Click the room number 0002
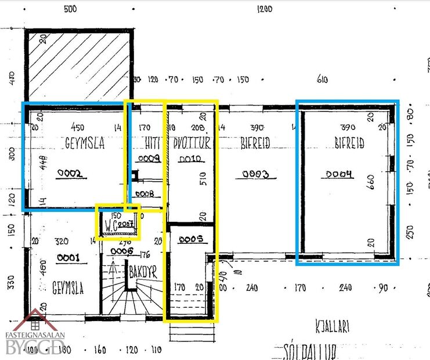(x=70, y=172)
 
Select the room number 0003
(x=254, y=174)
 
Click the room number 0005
(x=190, y=238)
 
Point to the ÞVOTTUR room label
(x=192, y=143)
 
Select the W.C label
(x=112, y=222)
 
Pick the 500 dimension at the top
(x=70, y=9)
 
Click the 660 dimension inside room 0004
(x=371, y=183)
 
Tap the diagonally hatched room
(x=78, y=64)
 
